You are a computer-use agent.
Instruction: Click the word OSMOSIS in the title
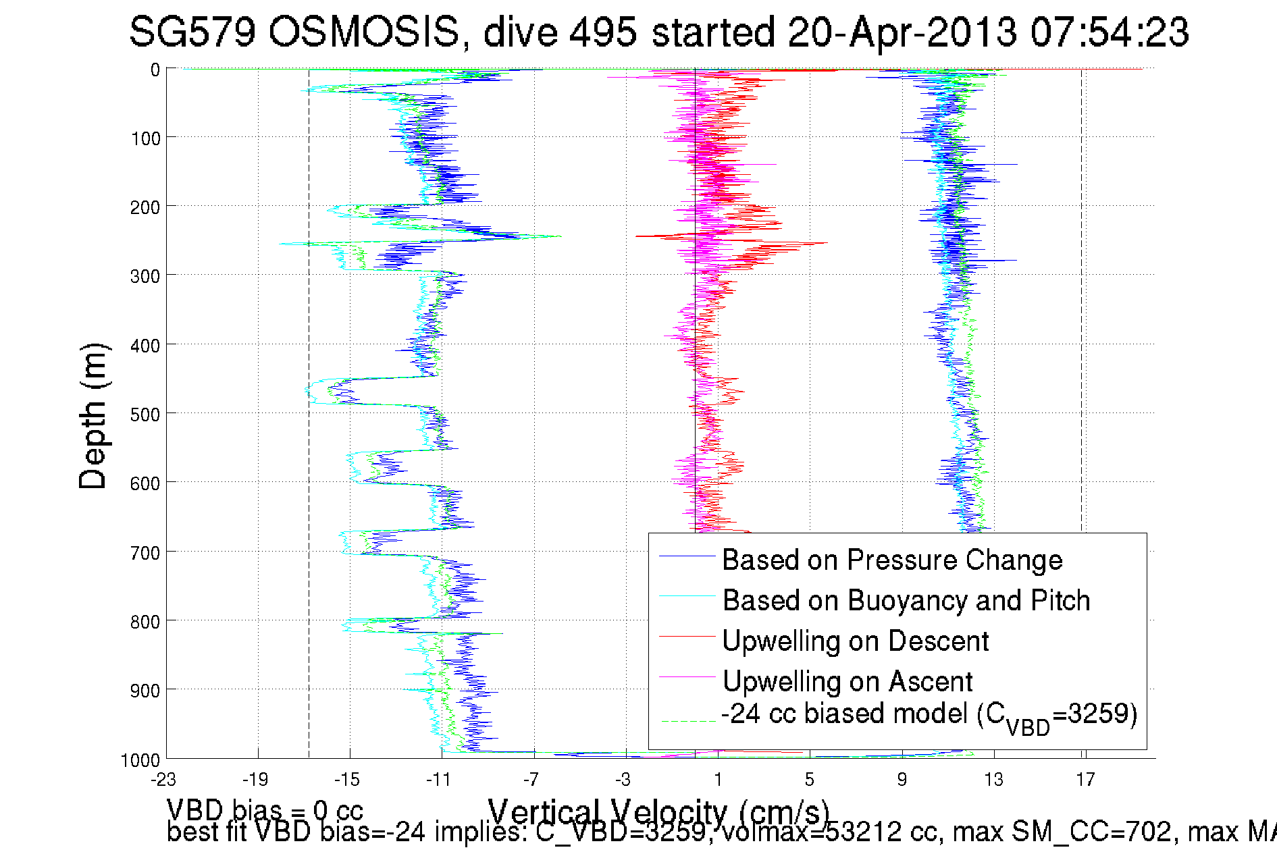click(x=364, y=32)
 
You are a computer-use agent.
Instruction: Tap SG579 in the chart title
click(x=192, y=32)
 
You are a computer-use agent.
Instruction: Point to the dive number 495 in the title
click(x=602, y=32)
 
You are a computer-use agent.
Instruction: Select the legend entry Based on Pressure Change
click(x=892, y=560)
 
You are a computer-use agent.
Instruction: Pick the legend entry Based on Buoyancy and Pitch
click(x=906, y=600)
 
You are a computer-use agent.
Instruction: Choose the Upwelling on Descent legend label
click(x=855, y=641)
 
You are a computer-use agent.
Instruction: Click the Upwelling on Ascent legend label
click(x=848, y=681)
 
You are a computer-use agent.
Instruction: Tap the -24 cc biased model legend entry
click(x=929, y=715)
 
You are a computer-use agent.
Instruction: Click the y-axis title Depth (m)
click(x=93, y=416)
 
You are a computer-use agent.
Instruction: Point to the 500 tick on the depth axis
click(x=145, y=414)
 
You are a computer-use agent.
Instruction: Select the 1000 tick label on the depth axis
click(x=140, y=760)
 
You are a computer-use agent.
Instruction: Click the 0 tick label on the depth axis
click(x=155, y=70)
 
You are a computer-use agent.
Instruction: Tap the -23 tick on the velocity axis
click(x=163, y=780)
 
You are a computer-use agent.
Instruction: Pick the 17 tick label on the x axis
click(x=1085, y=780)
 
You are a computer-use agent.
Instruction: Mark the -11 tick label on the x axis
click(x=438, y=780)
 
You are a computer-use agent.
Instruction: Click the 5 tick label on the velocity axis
click(x=809, y=780)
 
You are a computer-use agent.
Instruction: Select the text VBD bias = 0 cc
click(x=265, y=809)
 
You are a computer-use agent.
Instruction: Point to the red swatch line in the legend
click(x=687, y=636)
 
